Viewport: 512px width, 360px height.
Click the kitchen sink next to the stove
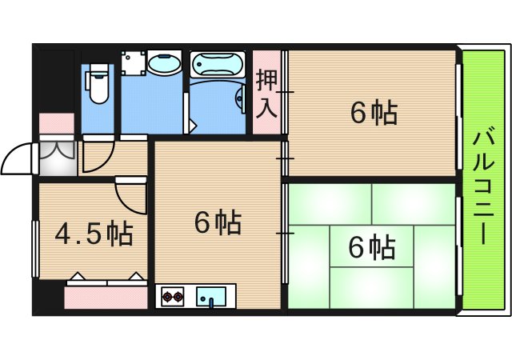pyautogui.click(x=211, y=297)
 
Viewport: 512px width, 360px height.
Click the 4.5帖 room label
pyautogui.click(x=94, y=234)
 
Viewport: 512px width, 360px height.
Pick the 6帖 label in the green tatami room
pyautogui.click(x=371, y=248)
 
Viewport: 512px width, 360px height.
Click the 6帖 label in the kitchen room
pyautogui.click(x=218, y=222)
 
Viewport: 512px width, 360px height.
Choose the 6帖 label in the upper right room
pyautogui.click(x=374, y=113)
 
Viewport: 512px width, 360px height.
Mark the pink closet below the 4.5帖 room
pyautogui.click(x=106, y=297)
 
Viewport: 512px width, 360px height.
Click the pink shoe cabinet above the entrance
pyautogui.click(x=56, y=123)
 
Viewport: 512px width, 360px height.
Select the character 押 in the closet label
pyautogui.click(x=267, y=81)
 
